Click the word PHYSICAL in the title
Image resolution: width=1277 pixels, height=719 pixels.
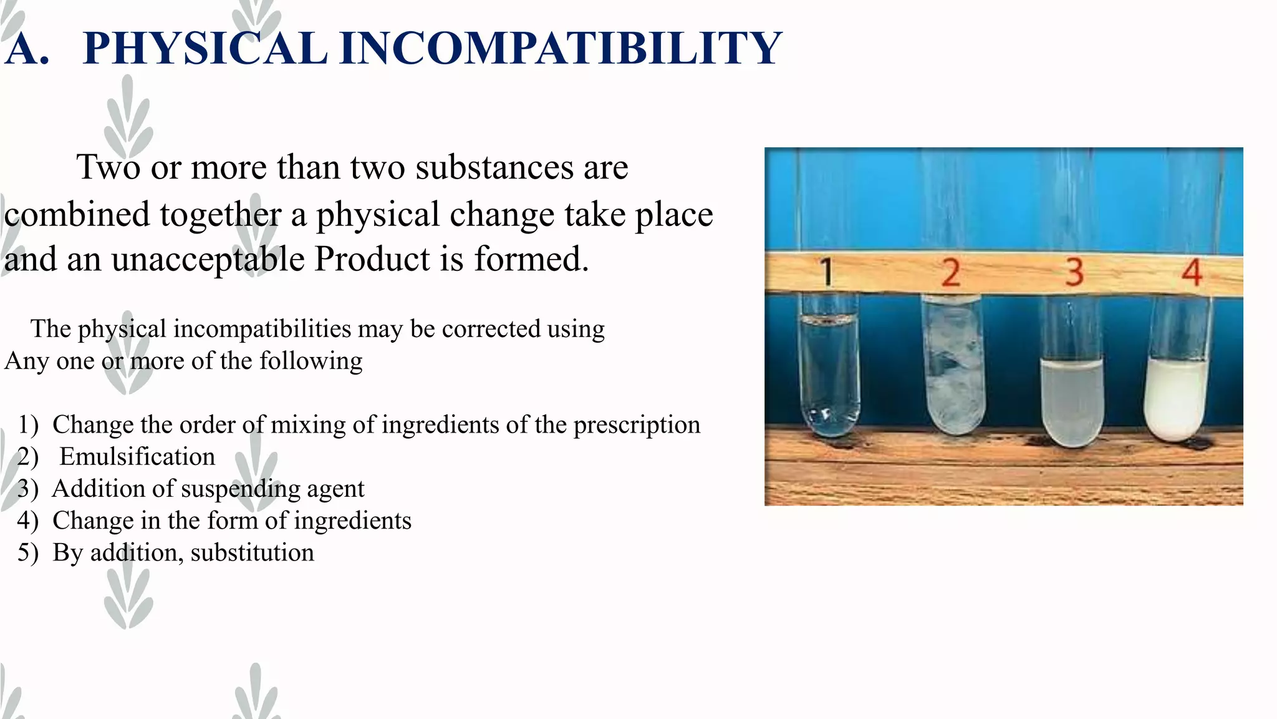click(x=205, y=48)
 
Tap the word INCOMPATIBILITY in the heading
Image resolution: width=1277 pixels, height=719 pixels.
click(x=561, y=48)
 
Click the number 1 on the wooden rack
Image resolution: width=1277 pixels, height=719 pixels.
click(x=826, y=273)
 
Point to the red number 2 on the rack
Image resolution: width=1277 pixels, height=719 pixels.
click(x=951, y=273)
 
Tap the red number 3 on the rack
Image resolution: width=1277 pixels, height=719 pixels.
click(x=1074, y=273)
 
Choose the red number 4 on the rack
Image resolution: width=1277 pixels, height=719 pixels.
click(x=1192, y=273)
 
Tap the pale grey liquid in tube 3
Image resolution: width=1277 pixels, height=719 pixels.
click(x=1072, y=403)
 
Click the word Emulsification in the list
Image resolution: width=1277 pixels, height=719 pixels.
click(x=137, y=457)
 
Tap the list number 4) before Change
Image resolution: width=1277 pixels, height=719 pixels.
click(x=28, y=521)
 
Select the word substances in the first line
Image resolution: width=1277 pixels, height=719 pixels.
click(x=494, y=167)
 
